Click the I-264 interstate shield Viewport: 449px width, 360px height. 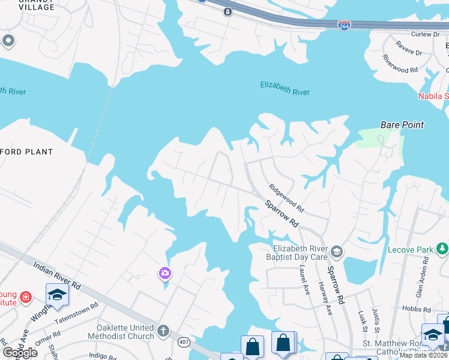pos(344,25)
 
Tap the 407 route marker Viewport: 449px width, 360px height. pos(185,342)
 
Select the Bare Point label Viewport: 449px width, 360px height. pos(402,125)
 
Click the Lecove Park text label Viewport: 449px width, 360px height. pos(411,249)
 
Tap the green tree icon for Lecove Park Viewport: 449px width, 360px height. pos(442,248)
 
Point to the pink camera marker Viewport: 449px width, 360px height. pos(164,274)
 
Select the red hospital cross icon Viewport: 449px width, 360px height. pos(25,296)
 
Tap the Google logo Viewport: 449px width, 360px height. pos(20,353)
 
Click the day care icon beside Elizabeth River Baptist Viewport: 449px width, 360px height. pos(337,251)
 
